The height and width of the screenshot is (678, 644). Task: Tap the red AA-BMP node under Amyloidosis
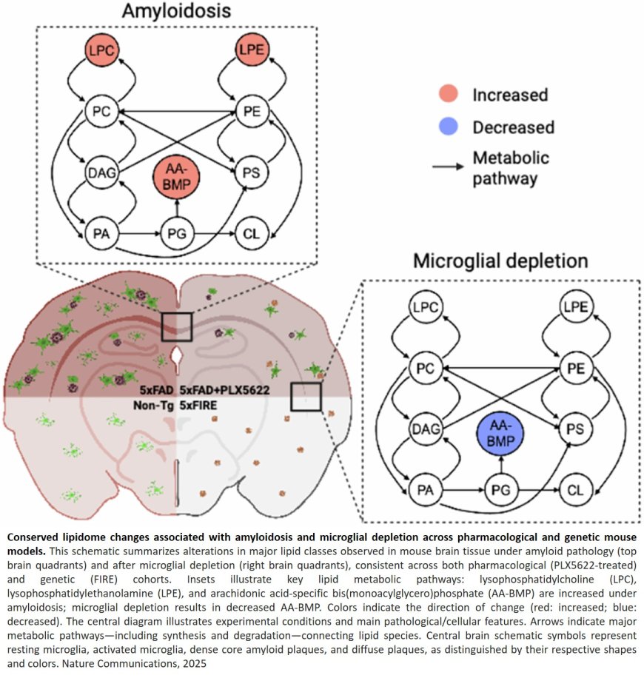point(176,178)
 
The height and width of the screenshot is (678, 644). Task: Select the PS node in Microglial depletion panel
point(575,429)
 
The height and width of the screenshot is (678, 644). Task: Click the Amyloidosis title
point(177,13)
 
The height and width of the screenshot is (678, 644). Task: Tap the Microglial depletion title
point(500,261)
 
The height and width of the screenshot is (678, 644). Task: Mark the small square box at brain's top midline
point(177,326)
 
